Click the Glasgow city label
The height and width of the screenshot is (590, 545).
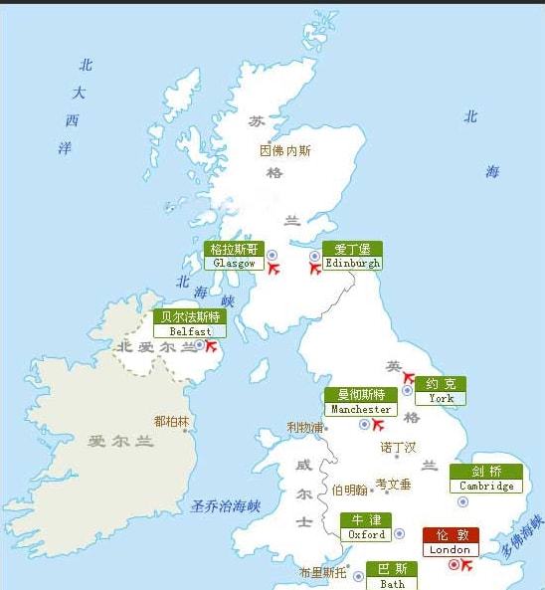click(234, 256)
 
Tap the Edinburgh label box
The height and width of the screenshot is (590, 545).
click(352, 256)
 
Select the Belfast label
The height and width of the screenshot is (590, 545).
click(189, 323)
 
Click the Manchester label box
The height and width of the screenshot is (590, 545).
click(360, 402)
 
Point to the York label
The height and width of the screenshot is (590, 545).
click(441, 390)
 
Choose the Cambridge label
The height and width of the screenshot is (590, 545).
click(486, 479)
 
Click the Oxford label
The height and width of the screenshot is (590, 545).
click(366, 527)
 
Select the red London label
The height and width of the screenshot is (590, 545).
click(451, 541)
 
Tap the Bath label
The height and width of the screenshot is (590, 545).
click(392, 576)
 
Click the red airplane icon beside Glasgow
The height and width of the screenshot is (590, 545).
click(273, 268)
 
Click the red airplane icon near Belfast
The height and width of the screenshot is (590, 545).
click(211, 345)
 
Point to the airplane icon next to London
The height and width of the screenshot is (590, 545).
click(467, 565)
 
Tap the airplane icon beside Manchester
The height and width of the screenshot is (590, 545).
click(377, 425)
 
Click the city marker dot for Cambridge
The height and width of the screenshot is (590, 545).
click(462, 501)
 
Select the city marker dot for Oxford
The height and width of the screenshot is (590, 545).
click(399, 533)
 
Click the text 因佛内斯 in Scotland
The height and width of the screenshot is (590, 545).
click(284, 151)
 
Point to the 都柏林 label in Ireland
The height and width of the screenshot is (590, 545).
click(171, 421)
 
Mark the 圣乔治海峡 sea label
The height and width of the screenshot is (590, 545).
click(225, 506)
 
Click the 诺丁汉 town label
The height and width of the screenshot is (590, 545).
click(398, 448)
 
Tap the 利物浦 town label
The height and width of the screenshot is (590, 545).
click(305, 428)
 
